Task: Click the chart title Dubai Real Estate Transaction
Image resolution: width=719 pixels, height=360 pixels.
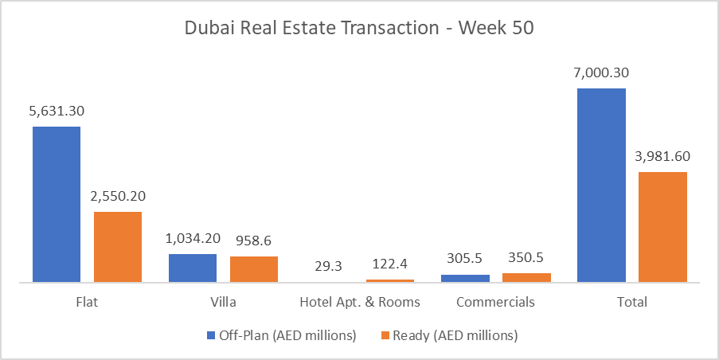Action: pos(359,28)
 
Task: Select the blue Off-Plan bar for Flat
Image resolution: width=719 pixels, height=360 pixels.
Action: pos(57,204)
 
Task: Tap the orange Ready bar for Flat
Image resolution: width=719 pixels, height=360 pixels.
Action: pos(118,247)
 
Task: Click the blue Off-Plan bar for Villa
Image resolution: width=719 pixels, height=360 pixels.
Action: pos(193,268)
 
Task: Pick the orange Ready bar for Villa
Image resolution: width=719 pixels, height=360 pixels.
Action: pos(254,269)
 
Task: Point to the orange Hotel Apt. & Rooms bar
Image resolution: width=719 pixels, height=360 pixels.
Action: pos(390,280)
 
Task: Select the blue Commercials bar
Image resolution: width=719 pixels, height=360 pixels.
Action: pos(465,278)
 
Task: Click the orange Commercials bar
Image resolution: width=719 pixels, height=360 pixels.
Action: pos(526,277)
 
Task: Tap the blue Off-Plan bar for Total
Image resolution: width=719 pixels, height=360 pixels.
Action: pos(601,185)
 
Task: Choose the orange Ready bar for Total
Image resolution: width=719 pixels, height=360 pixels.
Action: pos(662,227)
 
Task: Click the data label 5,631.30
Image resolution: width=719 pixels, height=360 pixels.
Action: pos(57,112)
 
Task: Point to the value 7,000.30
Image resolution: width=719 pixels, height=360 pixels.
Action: pos(601,72)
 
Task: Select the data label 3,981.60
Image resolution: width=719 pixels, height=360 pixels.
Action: pos(662,157)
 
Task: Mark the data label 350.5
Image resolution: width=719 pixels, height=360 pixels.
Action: pos(526,259)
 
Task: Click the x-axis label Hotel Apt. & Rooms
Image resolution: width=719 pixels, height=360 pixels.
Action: pos(359,303)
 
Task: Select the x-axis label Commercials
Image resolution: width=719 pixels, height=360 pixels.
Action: pos(495,303)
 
